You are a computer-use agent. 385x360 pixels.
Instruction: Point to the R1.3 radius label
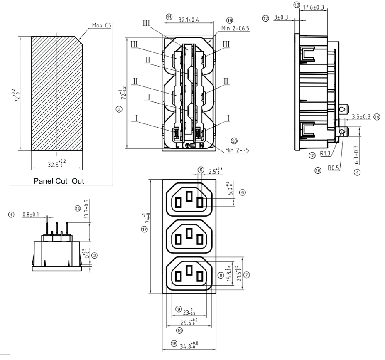[325, 153]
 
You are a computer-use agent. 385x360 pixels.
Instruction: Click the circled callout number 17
[145, 230]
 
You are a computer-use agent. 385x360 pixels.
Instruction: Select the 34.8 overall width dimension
[189, 345]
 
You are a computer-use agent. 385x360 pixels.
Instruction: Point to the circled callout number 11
[169, 16]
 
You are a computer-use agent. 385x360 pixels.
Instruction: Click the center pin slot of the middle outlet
[189, 232]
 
